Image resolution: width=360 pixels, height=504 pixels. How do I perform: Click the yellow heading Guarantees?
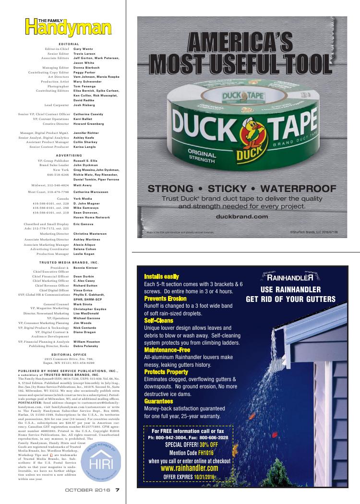(158, 401)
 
